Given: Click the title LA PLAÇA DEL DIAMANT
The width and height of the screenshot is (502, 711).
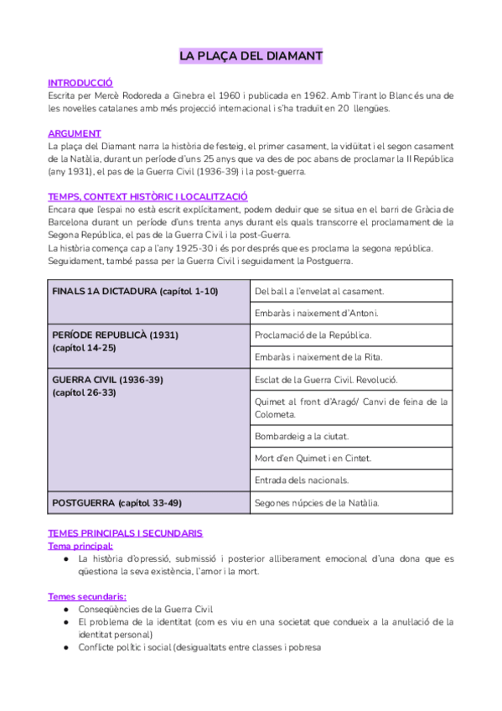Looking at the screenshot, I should tap(251, 57).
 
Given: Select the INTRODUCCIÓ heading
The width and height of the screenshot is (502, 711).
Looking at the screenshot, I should tap(80, 83).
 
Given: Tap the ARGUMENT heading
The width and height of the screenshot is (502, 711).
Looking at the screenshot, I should tap(75, 133).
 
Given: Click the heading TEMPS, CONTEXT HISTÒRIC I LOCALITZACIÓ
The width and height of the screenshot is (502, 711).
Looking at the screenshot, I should tap(147, 196).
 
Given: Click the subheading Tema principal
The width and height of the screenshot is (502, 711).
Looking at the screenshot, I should tap(80, 545).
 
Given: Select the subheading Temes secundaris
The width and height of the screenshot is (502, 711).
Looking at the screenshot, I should tap(87, 596).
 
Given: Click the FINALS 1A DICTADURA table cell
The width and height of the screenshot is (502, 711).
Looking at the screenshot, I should tap(135, 291).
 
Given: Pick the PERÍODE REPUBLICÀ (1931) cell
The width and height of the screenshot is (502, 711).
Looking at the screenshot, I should tap(115, 335).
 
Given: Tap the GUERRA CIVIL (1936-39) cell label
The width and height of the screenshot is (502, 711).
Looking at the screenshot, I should tap(107, 380).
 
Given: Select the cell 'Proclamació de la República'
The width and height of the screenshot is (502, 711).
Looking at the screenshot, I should tap(313, 335).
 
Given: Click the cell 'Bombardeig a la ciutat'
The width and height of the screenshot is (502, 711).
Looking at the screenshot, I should tap(302, 436).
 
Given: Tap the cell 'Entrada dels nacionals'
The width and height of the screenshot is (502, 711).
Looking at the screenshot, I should tap(302, 480).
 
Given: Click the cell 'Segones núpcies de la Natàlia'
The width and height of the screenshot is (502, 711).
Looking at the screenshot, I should tap(317, 503).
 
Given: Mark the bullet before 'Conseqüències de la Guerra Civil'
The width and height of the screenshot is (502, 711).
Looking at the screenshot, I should tap(65, 610).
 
